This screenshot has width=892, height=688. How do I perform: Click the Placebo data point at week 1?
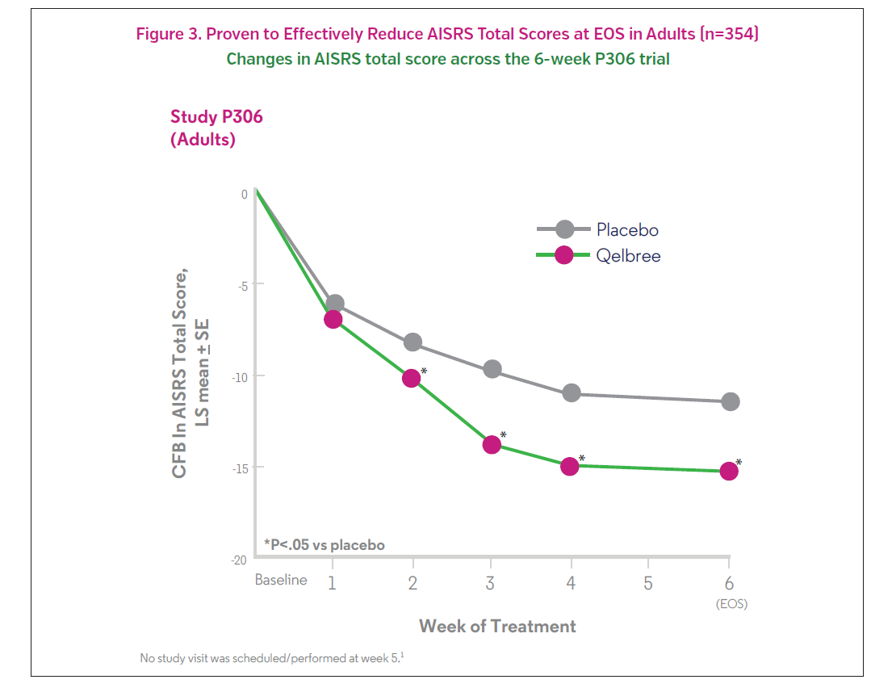pyautogui.click(x=334, y=304)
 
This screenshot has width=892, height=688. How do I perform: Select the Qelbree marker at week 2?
pyautogui.click(x=412, y=378)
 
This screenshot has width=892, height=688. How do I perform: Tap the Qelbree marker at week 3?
pyautogui.click(x=492, y=444)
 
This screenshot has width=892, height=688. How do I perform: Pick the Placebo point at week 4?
pyautogui.click(x=572, y=393)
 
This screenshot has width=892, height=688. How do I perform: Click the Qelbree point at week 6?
pyautogui.click(x=729, y=471)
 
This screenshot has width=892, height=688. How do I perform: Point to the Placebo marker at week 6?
pyautogui.click(x=731, y=401)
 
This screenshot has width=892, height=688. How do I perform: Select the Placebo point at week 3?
pyautogui.click(x=492, y=369)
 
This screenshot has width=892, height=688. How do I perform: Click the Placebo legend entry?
pyautogui.click(x=627, y=230)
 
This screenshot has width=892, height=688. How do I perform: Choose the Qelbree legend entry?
pyautogui.click(x=628, y=256)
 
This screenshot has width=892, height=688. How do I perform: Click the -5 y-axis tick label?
pyautogui.click(x=241, y=284)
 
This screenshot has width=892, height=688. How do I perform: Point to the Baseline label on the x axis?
pyautogui.click(x=281, y=581)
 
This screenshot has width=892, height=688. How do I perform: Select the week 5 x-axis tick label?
pyautogui.click(x=648, y=583)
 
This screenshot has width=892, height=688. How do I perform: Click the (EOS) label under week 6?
pyautogui.click(x=731, y=604)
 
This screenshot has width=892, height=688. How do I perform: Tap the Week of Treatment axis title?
pyautogui.click(x=497, y=627)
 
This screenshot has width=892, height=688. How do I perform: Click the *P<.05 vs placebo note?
pyautogui.click(x=325, y=545)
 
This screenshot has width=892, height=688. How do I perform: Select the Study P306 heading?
pyautogui.click(x=216, y=116)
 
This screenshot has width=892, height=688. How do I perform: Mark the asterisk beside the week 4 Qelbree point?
pyautogui.click(x=582, y=459)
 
